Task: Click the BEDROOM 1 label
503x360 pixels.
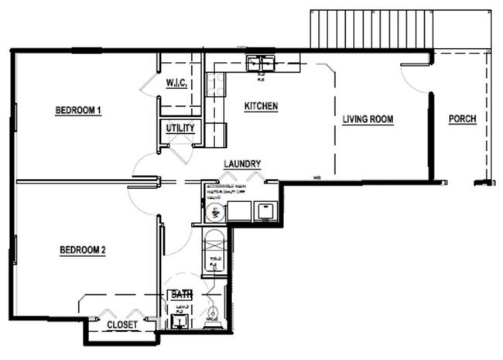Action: [x=78, y=111]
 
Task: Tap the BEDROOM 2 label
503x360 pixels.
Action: [x=82, y=250]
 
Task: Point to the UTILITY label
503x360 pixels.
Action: [x=180, y=128]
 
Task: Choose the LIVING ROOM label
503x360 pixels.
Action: [x=368, y=119]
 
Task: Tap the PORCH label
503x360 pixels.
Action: [x=462, y=119]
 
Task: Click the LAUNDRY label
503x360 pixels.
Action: [x=242, y=164]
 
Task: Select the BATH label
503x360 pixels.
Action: [x=181, y=295]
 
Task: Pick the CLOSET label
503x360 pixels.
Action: [x=122, y=325]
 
